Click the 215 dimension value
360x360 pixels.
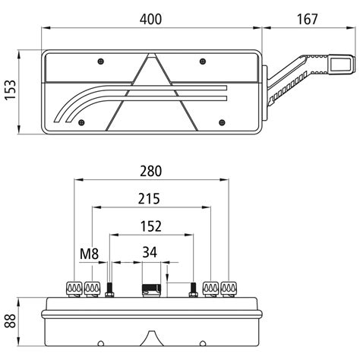click(x=149, y=199)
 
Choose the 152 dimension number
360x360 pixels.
click(x=151, y=226)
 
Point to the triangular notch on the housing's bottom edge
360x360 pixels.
click(x=153, y=336)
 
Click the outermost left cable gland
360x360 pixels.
click(x=74, y=287)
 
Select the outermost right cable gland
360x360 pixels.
click(x=229, y=287)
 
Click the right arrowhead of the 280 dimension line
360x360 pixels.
click(x=227, y=181)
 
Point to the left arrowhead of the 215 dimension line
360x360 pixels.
click(x=93, y=207)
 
